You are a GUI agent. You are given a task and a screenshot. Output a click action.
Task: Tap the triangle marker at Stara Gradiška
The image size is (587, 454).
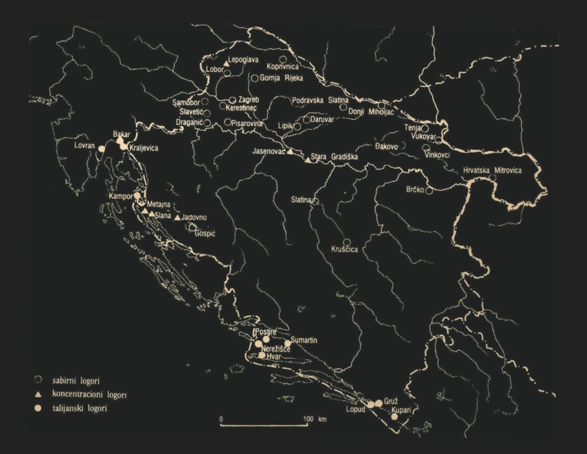pyautogui.click(x=307, y=159)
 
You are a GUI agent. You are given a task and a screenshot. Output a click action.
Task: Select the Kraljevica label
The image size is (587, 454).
pyautogui.click(x=143, y=148)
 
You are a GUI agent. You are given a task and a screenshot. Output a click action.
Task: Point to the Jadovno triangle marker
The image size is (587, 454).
pyautogui.click(x=178, y=218)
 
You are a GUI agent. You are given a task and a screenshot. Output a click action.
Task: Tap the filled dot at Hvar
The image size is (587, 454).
pyautogui.click(x=262, y=356)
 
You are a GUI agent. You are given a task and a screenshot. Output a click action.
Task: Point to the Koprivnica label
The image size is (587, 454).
pyautogui.click(x=285, y=65)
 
